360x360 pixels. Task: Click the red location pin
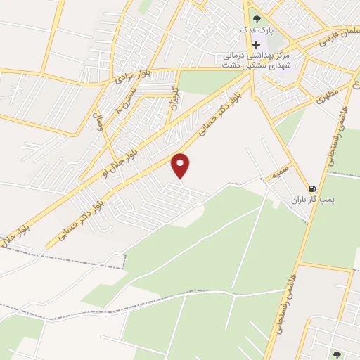[x=181, y=165]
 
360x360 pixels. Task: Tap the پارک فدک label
[x=255, y=31]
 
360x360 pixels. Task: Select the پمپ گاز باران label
[x=314, y=200]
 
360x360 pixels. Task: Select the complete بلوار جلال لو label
[x=124, y=150]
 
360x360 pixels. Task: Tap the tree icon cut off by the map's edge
[x=335, y=355]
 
